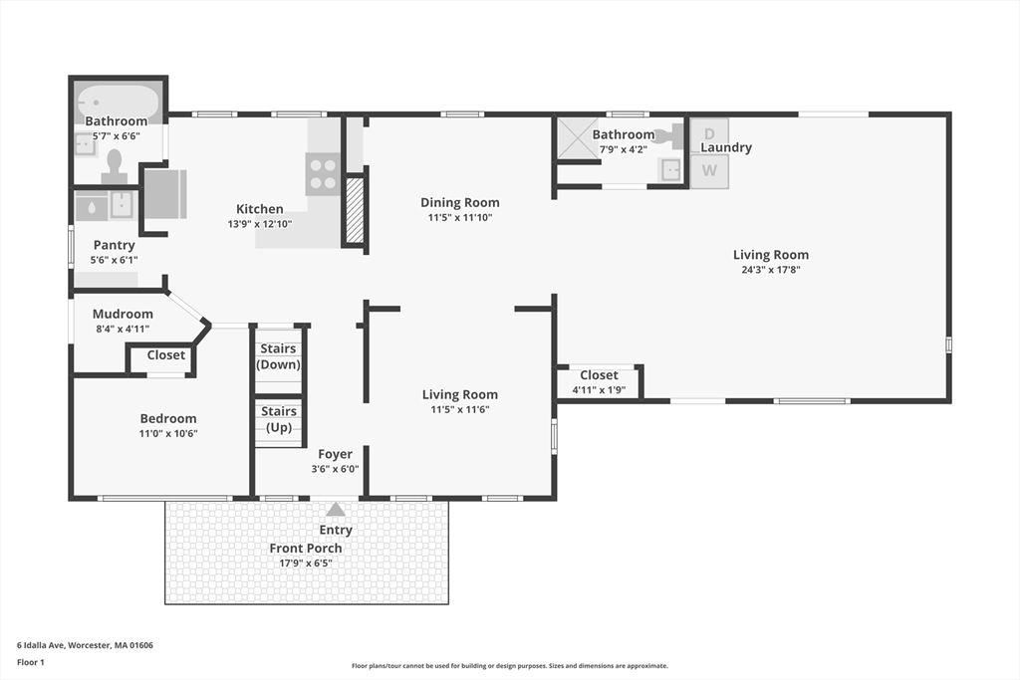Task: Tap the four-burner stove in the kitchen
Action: (323, 174)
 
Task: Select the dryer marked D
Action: (709, 134)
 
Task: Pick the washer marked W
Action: (709, 171)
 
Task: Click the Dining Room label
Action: (460, 203)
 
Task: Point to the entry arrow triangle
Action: (336, 509)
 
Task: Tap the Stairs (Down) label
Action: (279, 356)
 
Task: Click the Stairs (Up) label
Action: (279, 419)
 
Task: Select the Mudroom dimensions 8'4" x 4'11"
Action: (123, 329)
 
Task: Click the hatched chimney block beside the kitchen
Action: (355, 210)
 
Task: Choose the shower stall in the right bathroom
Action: (576, 138)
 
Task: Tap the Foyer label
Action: (335, 454)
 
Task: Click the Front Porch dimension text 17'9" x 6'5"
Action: (306, 563)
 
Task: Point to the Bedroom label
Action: (168, 419)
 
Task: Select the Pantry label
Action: (114, 245)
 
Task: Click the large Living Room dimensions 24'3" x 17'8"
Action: (771, 270)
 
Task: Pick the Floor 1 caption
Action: (31, 662)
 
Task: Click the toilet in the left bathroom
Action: (115, 166)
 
